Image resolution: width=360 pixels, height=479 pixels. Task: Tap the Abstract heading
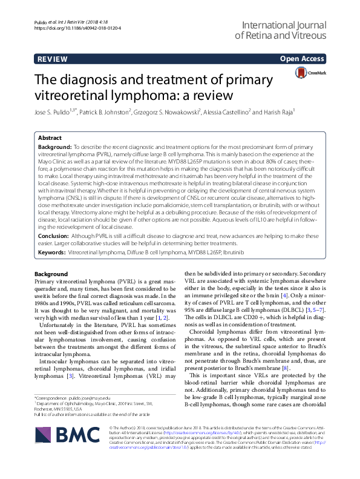coord(50,137)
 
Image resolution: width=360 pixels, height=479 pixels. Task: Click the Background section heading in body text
coord(51,274)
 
